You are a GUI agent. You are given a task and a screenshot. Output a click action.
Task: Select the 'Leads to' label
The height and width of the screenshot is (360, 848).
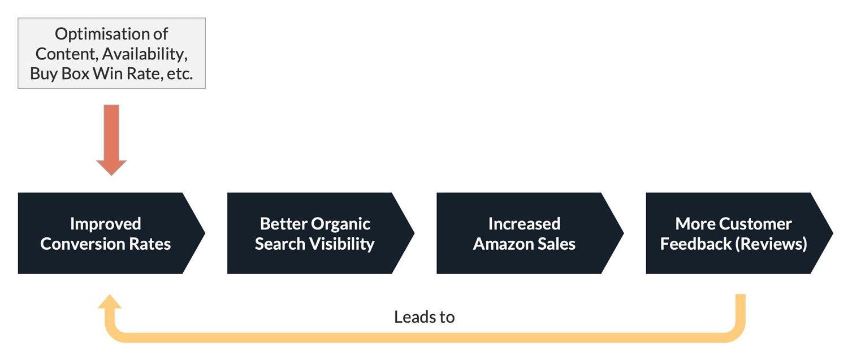click(424, 316)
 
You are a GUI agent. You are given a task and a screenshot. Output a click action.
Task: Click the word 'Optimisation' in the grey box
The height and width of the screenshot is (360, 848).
click(111, 34)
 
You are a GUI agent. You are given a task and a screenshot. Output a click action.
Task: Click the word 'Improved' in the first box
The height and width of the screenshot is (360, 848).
click(105, 224)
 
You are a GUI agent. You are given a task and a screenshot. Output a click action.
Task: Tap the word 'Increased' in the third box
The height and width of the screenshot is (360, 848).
click(524, 224)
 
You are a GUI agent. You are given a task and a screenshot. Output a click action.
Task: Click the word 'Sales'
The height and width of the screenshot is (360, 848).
click(556, 244)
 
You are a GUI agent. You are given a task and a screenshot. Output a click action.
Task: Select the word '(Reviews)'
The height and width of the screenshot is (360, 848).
click(774, 244)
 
